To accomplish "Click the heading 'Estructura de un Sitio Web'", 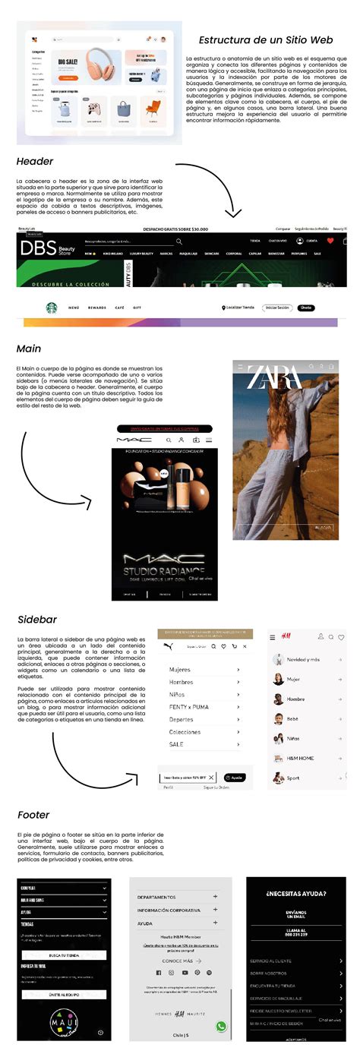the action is click(265, 40).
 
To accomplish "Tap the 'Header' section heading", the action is click(34, 161).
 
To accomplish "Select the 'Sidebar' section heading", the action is click(36, 620).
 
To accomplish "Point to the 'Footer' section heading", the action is click(33, 815).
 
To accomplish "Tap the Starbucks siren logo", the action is click(52, 308).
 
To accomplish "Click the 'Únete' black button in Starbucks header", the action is click(306, 308).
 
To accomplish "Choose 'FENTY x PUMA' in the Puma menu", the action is click(190, 707).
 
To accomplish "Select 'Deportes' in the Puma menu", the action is click(181, 719).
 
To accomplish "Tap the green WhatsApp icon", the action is click(221, 1026).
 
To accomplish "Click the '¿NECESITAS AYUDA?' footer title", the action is click(296, 894).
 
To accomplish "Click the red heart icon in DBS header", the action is click(330, 240).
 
